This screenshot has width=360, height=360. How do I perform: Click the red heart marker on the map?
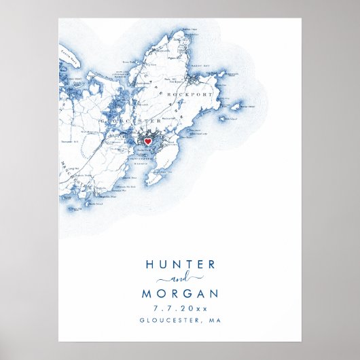[x=149, y=141]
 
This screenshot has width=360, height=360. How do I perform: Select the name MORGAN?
[x=180, y=294]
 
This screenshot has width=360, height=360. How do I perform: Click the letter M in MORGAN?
[x=147, y=294]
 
